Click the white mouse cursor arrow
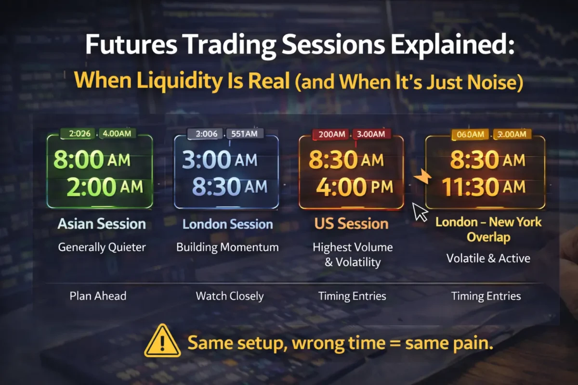click(420, 211)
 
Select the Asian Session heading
click(102, 224)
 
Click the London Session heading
click(228, 224)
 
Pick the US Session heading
click(352, 224)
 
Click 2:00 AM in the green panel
click(105, 187)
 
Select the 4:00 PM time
click(355, 187)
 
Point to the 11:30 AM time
click(484, 187)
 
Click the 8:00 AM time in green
click(92, 160)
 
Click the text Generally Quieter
click(102, 247)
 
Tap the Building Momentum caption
click(227, 247)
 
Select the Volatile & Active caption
click(488, 258)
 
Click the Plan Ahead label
click(98, 296)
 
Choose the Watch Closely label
click(229, 296)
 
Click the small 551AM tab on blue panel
click(245, 134)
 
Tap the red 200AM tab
click(332, 134)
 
